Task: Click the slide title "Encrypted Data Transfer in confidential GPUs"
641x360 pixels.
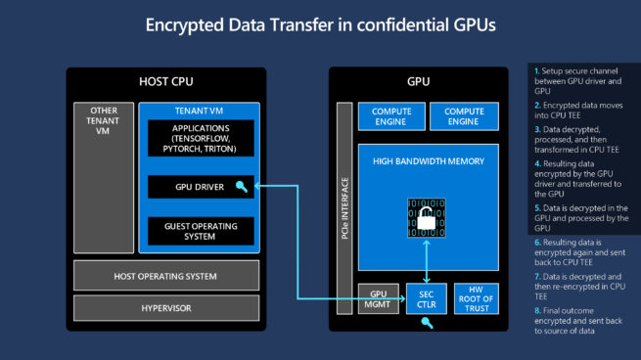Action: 320,24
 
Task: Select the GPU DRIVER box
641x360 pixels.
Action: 200,186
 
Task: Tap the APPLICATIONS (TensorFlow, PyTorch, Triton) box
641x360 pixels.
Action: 200,140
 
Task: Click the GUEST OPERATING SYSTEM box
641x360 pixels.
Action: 200,231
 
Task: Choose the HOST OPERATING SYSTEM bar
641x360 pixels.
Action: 166,275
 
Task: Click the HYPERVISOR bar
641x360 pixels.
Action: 166,308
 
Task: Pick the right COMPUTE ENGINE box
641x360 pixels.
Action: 464,116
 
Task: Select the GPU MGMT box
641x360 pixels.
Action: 378,298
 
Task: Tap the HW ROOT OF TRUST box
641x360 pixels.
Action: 477,298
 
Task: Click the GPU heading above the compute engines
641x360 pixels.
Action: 421,79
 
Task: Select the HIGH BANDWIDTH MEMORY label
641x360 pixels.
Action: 428,158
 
